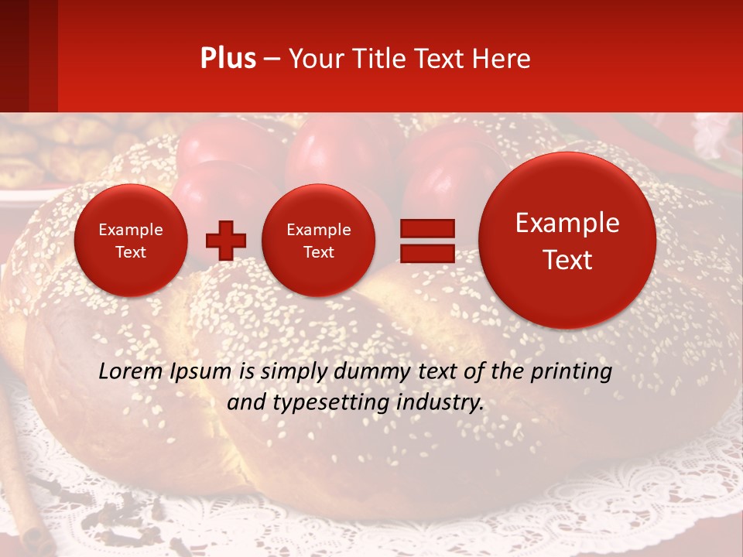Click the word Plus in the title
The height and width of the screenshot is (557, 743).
click(228, 59)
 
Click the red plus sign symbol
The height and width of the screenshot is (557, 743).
click(226, 241)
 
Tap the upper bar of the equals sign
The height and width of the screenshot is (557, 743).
click(426, 228)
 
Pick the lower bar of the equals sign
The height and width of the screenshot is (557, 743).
click(426, 252)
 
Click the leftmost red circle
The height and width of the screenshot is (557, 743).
click(130, 241)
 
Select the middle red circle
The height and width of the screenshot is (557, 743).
click(318, 241)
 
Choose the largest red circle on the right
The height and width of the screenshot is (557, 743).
click(567, 241)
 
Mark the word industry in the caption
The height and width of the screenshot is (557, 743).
click(442, 403)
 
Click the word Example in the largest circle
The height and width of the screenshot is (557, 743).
click(567, 223)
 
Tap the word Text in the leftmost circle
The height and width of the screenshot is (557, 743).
click(130, 252)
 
